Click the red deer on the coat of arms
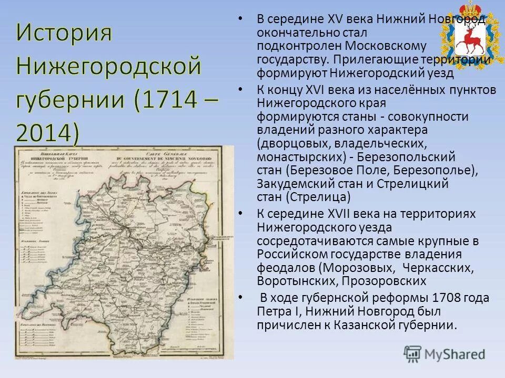point(466,38)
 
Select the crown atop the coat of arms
point(466,10)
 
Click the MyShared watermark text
point(456,354)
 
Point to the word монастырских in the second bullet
point(298,157)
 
